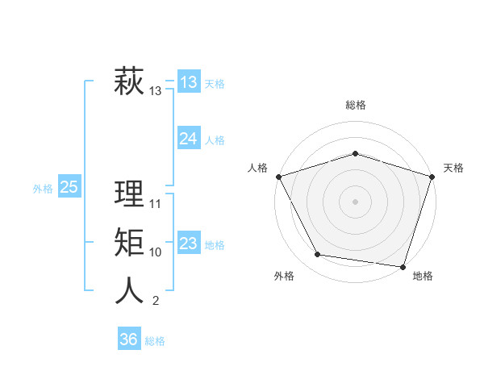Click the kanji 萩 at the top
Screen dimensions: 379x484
click(129, 82)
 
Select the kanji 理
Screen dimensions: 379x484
click(129, 194)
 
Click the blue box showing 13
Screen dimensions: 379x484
click(189, 82)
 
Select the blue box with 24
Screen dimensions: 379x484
click(189, 139)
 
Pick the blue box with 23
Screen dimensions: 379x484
click(189, 244)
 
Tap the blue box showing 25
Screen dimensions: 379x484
click(69, 188)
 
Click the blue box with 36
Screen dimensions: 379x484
click(129, 339)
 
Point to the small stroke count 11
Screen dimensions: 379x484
click(156, 204)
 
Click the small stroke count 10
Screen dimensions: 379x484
click(156, 252)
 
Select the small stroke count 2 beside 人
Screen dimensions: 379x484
click(155, 302)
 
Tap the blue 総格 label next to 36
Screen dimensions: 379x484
click(155, 341)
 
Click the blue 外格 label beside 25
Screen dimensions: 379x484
click(43, 189)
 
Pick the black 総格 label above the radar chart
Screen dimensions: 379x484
click(356, 105)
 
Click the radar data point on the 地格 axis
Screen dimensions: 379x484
click(403, 266)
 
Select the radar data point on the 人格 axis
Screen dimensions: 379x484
click(279, 177)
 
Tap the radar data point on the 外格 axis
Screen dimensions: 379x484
click(317, 255)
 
